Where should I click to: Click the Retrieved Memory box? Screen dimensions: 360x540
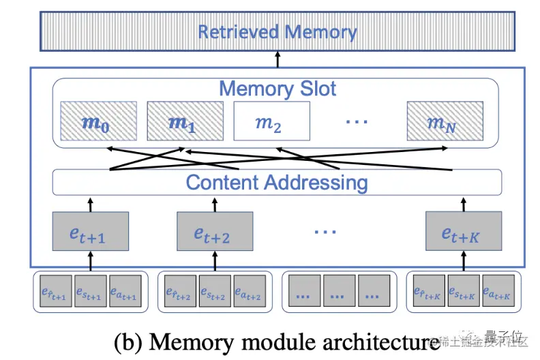point(277,32)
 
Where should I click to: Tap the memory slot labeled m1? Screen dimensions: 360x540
point(185,121)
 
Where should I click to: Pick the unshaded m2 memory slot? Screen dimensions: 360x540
point(272,121)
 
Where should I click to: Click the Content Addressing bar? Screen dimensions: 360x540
point(277,182)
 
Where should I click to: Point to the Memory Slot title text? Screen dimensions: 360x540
point(277,89)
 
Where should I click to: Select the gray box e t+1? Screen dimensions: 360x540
point(91,230)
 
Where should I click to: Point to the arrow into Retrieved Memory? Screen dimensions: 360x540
point(277,60)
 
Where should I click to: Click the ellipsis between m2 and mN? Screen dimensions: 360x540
point(357,121)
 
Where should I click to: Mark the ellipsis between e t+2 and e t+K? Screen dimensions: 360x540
point(325,230)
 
